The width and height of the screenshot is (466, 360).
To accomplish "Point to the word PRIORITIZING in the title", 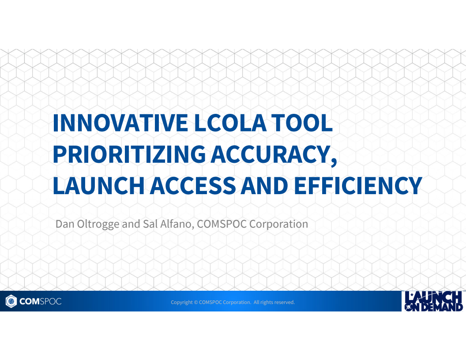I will tap(129, 154).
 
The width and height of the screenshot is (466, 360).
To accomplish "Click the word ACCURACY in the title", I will tap(270, 154).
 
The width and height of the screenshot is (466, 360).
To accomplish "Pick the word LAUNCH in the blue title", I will tap(98, 186).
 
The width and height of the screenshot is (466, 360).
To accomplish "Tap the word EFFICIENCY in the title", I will tap(358, 186).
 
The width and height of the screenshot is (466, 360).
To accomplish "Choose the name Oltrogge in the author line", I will tap(97, 224).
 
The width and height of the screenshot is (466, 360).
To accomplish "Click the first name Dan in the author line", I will tap(64, 224).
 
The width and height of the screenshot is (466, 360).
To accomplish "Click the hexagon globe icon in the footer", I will tap(11, 302).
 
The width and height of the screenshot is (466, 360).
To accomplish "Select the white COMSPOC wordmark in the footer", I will tap(40, 302).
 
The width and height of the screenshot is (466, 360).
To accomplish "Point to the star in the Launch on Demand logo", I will tap(411, 295).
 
